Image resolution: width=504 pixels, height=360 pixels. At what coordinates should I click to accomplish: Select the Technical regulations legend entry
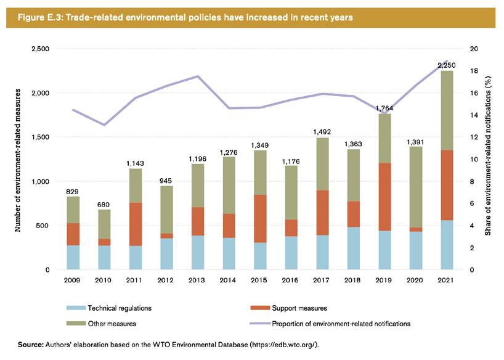(119, 308)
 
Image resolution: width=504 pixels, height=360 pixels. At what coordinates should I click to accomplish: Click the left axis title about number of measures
(18, 160)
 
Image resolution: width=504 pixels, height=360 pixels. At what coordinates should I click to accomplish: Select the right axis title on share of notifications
(487, 160)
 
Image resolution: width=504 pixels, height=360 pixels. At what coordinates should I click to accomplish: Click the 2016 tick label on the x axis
(290, 280)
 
